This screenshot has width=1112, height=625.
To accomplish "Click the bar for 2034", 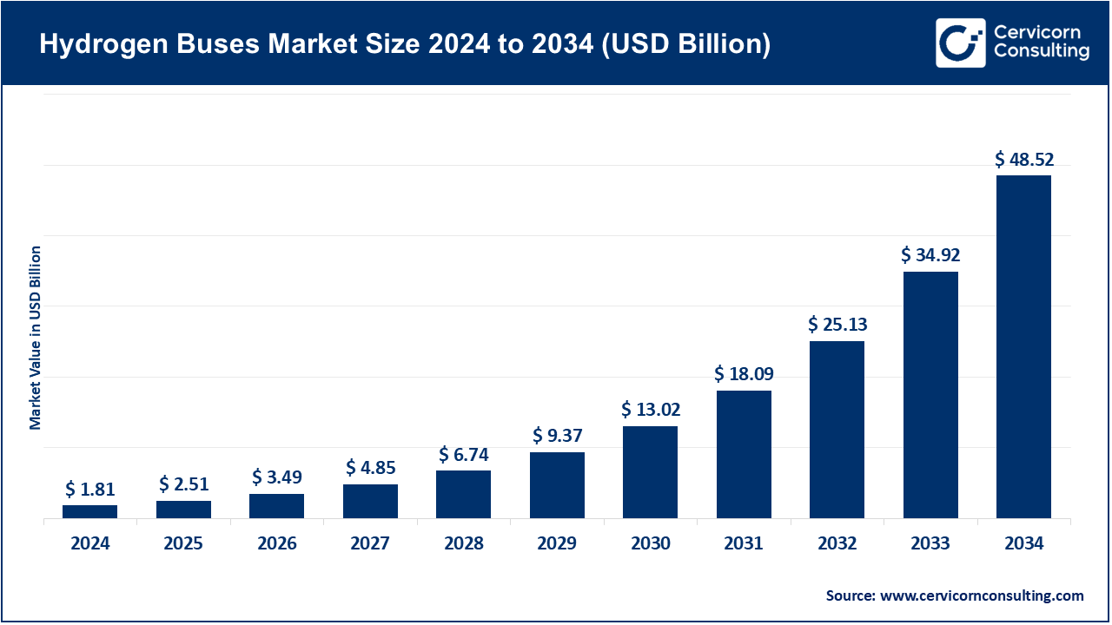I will pyautogui.click(x=1023, y=347).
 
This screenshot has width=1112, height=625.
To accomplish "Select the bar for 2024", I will pyautogui.click(x=89, y=511).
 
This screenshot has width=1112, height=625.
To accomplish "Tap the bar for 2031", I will pyautogui.click(x=744, y=454).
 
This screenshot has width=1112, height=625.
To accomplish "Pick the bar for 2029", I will pyautogui.click(x=557, y=485).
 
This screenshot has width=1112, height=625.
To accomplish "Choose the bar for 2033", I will pyautogui.click(x=930, y=395).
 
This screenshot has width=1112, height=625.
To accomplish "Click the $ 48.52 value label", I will pyautogui.click(x=1023, y=160).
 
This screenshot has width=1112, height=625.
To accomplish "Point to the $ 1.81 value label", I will pyautogui.click(x=89, y=490).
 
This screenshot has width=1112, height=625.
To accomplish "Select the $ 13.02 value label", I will pyautogui.click(x=651, y=410).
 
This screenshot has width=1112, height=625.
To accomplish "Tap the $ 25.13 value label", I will pyautogui.click(x=837, y=325).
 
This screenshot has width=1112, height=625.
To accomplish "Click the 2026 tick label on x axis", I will pyautogui.click(x=277, y=543).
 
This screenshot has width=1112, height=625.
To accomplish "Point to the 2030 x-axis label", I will pyautogui.click(x=651, y=543).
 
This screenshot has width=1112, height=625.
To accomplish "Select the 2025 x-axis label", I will pyautogui.click(x=183, y=543).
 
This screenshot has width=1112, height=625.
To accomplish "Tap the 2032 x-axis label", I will pyautogui.click(x=837, y=543).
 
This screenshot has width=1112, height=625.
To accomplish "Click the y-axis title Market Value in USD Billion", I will pyautogui.click(x=36, y=338).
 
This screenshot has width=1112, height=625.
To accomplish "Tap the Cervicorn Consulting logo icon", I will pyautogui.click(x=960, y=43).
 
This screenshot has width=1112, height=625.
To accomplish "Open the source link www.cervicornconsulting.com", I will pyautogui.click(x=982, y=595).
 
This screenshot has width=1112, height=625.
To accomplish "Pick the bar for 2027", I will pyautogui.click(x=370, y=501).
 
